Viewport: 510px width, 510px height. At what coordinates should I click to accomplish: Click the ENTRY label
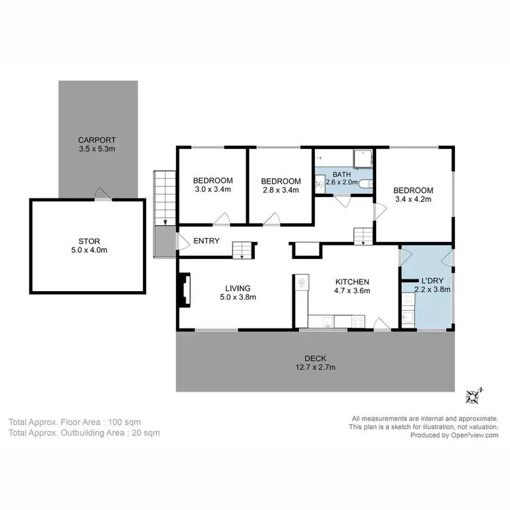click(x=206, y=241)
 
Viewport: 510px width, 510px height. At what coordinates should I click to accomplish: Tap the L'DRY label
click(x=432, y=280)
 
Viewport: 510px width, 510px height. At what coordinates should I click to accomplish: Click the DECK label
click(x=316, y=358)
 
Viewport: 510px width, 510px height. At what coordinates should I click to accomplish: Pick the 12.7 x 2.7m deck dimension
click(x=316, y=368)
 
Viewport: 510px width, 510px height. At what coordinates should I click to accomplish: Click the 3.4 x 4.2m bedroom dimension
click(x=413, y=199)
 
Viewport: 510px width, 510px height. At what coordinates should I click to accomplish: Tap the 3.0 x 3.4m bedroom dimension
click(x=214, y=190)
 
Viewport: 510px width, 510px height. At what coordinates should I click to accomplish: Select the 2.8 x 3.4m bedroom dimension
click(x=281, y=190)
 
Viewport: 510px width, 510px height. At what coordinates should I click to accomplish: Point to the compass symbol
click(x=473, y=395)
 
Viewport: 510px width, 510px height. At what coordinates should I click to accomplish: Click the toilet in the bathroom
click(x=366, y=184)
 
